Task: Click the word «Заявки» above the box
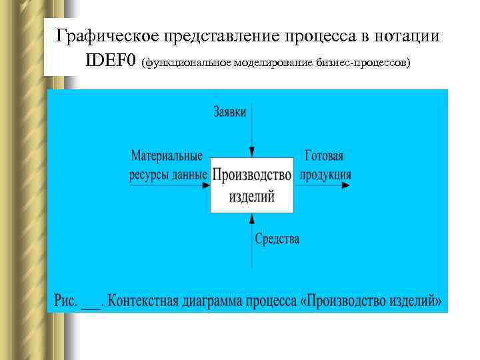pyautogui.click(x=230, y=111)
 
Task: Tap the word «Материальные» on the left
pyautogui.click(x=167, y=157)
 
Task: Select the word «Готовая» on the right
pyautogui.click(x=324, y=157)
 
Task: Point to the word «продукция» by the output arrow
pyautogui.click(x=325, y=175)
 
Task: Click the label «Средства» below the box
pyautogui.click(x=277, y=238)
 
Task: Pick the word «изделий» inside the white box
pyautogui.click(x=252, y=197)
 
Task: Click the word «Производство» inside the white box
pyautogui.click(x=252, y=175)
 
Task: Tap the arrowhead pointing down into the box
pyautogui.click(x=252, y=153)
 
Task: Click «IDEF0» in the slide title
pyautogui.click(x=111, y=61)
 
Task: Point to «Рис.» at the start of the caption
pyautogui.click(x=65, y=300)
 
